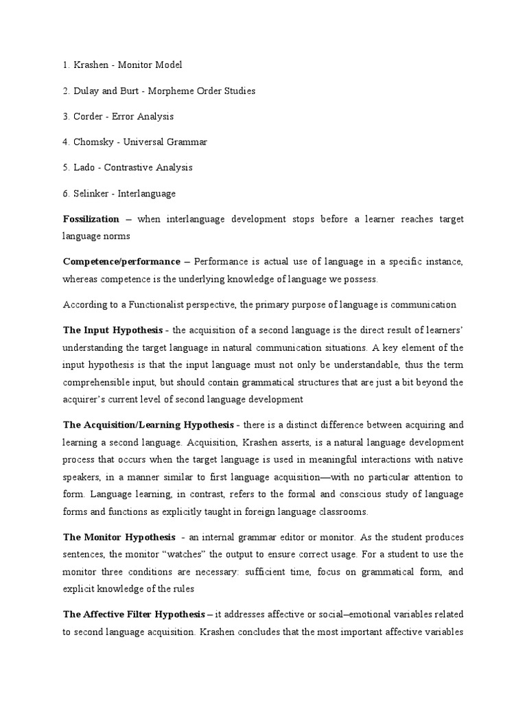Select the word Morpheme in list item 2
(159, 91)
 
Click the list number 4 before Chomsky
(65, 142)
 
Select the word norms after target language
(116, 236)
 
